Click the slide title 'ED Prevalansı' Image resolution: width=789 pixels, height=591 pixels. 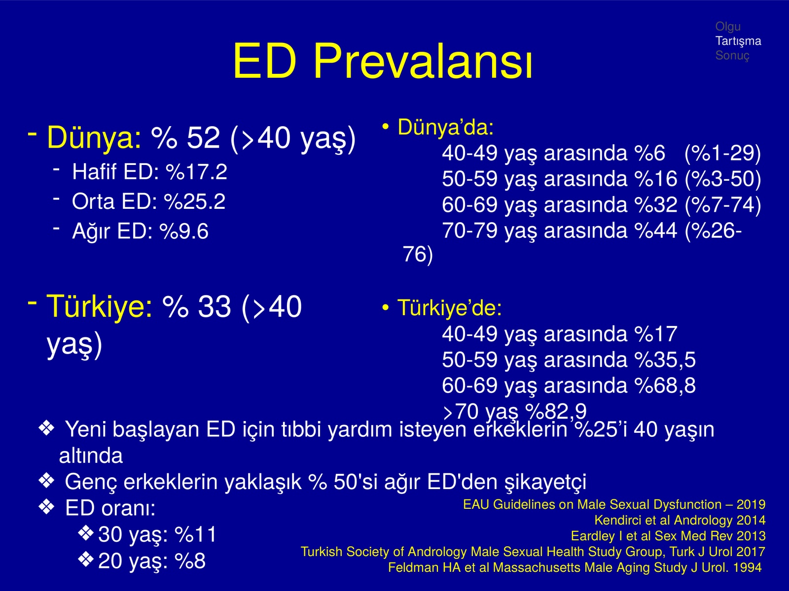point(383,61)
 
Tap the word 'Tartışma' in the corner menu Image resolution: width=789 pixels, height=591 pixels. point(738,41)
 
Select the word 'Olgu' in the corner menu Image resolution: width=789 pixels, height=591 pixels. point(728,27)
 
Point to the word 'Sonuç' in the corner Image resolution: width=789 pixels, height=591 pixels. point(732,56)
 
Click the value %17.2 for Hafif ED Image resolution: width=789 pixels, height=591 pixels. point(197,171)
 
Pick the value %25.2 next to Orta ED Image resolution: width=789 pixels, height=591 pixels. point(195,201)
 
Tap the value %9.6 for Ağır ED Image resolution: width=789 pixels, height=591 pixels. point(184,231)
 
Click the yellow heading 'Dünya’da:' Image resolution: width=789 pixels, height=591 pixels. point(446,127)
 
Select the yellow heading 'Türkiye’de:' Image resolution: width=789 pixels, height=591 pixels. point(450,308)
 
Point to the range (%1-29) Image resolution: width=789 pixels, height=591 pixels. point(723,153)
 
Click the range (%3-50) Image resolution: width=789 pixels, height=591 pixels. point(723,179)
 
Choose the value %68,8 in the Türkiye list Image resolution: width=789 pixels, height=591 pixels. point(665,386)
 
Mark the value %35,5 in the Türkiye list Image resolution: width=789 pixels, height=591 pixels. point(665,360)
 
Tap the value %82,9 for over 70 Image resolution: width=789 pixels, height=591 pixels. point(556,411)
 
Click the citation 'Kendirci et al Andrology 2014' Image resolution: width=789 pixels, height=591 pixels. point(680,520)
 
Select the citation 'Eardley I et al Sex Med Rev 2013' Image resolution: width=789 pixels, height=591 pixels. point(668,536)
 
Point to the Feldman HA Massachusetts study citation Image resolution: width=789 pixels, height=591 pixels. point(575,568)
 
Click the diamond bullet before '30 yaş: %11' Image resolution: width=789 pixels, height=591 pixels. point(86,533)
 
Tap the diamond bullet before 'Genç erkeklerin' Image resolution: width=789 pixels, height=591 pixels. point(47,481)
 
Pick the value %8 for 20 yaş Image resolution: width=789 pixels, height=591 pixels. point(190,561)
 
